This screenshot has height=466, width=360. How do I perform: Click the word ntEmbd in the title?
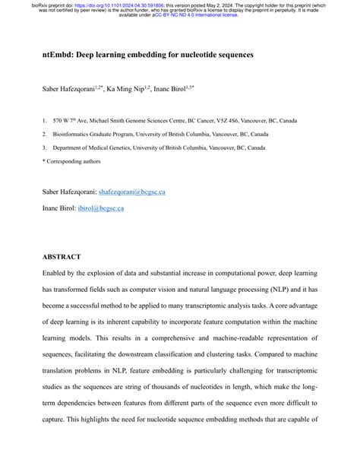pyautogui.click(x=58, y=55)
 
